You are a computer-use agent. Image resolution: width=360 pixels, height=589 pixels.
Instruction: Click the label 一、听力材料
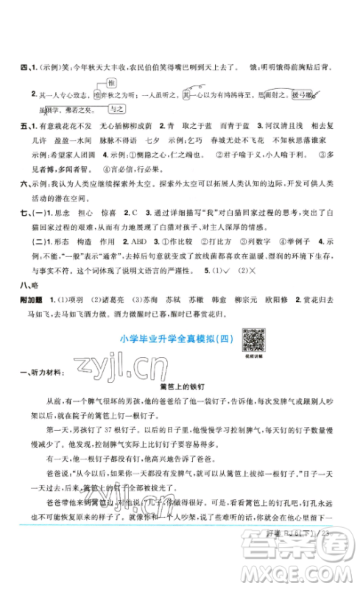[43, 370]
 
